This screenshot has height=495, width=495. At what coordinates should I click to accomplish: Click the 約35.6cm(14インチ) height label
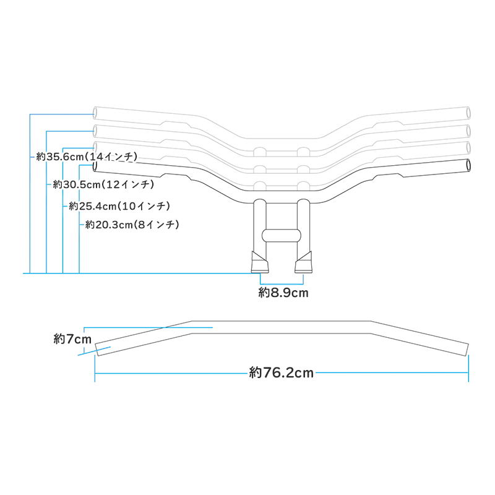coord(87,157)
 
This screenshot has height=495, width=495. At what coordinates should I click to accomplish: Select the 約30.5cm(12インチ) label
coord(103,184)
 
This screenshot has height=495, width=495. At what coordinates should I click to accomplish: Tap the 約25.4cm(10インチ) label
coord(119,206)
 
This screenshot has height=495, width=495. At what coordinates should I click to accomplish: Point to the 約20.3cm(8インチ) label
coord(132,225)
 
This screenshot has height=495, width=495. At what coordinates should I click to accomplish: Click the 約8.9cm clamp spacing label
coord(283,293)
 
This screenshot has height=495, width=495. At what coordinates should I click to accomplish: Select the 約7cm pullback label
coord(72,338)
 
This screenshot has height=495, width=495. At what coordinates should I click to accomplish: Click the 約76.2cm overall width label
coord(282,372)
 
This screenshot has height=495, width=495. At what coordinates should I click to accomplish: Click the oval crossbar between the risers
coord(282,235)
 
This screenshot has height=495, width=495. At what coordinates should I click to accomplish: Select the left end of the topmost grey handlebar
coord(96,113)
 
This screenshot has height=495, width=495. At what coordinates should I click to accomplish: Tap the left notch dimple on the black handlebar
coord(175,177)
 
